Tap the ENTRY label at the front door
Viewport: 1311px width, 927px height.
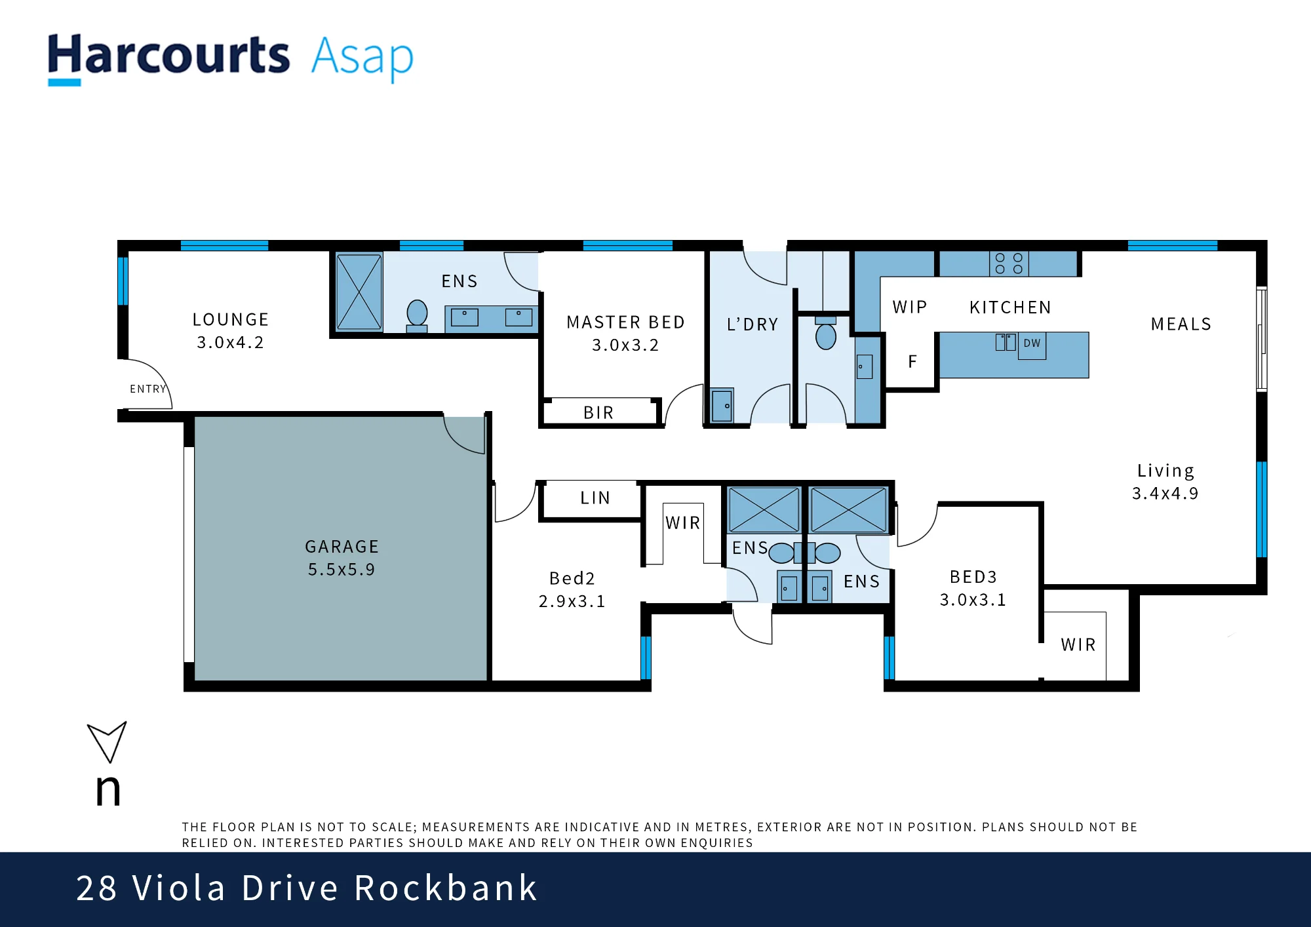[x=148, y=389]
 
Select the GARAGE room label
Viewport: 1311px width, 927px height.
[x=342, y=547]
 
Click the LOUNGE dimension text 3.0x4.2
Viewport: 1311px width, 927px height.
[x=230, y=342]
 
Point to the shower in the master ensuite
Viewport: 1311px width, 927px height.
[x=359, y=292]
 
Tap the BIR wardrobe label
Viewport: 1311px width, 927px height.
[x=598, y=412]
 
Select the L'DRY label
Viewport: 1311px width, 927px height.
[x=753, y=325]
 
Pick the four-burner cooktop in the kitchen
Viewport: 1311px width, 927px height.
[x=1009, y=264]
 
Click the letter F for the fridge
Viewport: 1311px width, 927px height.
[x=912, y=361]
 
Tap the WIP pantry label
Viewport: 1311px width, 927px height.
[x=910, y=307]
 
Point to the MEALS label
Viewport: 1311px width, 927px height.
[x=1181, y=324]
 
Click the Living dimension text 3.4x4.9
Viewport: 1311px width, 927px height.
[x=1165, y=493]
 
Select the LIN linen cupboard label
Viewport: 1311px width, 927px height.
[x=595, y=498]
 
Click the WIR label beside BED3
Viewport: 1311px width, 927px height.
[x=1078, y=645]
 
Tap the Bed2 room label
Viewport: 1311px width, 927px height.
[x=572, y=578]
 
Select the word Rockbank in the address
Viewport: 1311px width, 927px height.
[x=446, y=888]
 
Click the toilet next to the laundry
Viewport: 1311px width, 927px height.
[x=826, y=334]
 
